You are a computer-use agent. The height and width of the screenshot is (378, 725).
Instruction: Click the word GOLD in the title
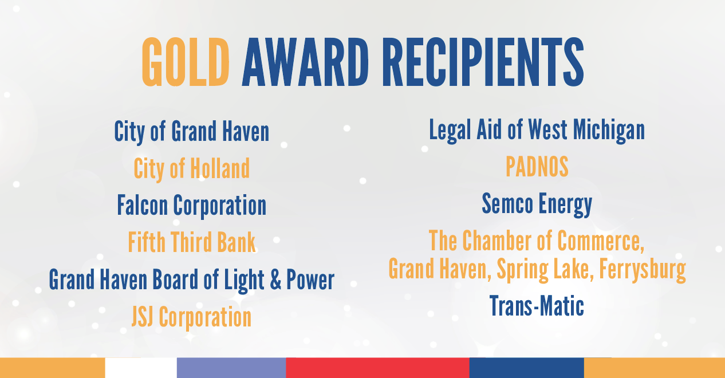coord(185,62)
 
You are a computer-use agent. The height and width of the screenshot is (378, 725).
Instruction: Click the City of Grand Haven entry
coord(191,131)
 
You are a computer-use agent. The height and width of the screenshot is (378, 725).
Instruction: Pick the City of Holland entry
coord(191,168)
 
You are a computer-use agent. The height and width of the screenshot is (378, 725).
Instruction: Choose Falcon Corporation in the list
coord(191,205)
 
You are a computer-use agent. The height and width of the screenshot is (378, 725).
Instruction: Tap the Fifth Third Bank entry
coord(191,242)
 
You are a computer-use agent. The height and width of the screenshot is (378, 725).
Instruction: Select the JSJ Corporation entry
coord(191,317)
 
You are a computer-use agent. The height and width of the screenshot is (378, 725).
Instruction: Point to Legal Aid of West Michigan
coord(537,130)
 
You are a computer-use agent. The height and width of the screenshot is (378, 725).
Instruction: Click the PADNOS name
coord(537,167)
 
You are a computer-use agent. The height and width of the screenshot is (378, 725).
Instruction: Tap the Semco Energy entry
coord(537,204)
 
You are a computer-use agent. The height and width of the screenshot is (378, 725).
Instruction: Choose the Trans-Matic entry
coord(537,306)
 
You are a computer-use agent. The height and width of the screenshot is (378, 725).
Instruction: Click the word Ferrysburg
coord(642,268)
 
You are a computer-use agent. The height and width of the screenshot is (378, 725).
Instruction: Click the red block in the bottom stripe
coord(377,368)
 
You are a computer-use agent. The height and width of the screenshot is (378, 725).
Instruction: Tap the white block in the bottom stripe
coord(141,368)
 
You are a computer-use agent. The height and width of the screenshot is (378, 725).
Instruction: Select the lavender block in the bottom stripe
coord(231,368)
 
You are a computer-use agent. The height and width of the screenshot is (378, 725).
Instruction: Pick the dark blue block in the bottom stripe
coord(526,368)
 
